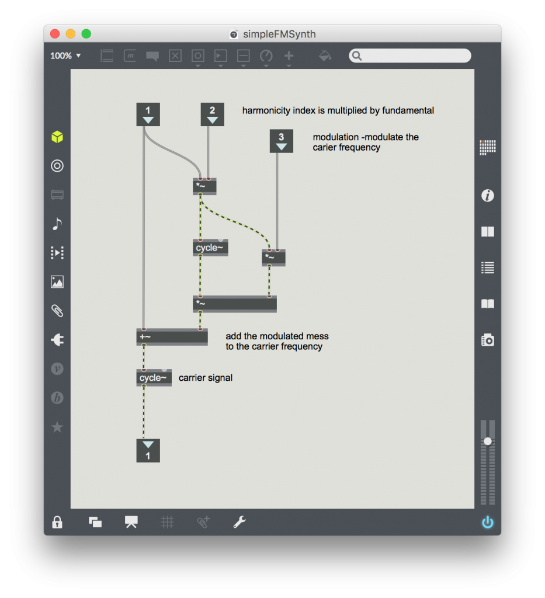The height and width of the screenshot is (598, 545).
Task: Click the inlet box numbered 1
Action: [x=148, y=114]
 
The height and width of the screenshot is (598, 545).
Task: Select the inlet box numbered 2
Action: [x=212, y=114]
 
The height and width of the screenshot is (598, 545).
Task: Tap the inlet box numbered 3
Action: [x=281, y=141]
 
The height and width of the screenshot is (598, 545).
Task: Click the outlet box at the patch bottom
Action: [x=148, y=450]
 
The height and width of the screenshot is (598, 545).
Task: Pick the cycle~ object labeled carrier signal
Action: [x=154, y=378]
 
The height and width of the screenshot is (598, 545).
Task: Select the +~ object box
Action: [x=172, y=337]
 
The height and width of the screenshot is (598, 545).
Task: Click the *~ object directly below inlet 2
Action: [x=204, y=187]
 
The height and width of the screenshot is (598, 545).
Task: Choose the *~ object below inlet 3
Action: [x=273, y=258]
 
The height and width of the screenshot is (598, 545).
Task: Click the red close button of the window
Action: [x=55, y=34]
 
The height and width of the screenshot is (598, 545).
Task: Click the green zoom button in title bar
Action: [x=86, y=34]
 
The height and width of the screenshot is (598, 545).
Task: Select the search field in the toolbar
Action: [x=410, y=55]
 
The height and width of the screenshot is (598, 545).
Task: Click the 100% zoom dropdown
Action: [x=65, y=56]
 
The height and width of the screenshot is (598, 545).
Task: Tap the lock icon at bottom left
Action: [x=57, y=522]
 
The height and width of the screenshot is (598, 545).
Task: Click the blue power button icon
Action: [x=488, y=522]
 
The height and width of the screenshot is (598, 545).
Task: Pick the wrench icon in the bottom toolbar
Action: [x=239, y=522]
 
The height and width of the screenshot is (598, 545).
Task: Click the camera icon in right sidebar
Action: [x=488, y=339]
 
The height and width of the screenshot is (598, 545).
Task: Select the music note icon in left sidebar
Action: [x=57, y=224]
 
